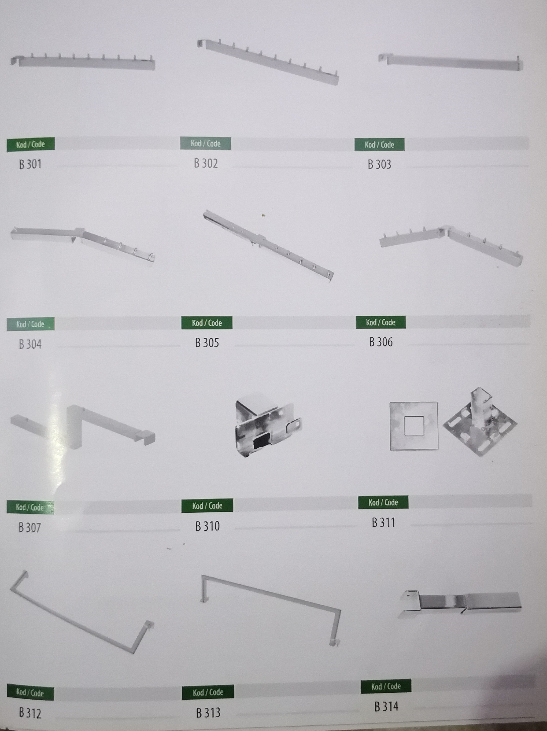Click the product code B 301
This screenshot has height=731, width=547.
[x=30, y=164]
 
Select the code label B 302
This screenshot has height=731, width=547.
[x=206, y=163]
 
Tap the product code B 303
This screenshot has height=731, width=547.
[x=379, y=164]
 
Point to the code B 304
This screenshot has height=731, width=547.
[x=30, y=344]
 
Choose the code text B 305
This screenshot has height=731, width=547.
[x=207, y=343]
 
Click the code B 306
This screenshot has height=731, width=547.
[x=381, y=342]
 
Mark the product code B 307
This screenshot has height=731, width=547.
[x=29, y=527]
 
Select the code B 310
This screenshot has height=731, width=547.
[x=207, y=526]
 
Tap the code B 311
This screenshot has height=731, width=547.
[x=383, y=522]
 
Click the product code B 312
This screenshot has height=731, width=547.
[x=30, y=713]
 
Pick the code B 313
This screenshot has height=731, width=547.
[x=208, y=713]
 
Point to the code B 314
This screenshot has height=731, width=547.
[x=386, y=707]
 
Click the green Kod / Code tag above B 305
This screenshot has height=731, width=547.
[x=207, y=323]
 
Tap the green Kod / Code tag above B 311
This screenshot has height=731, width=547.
[x=383, y=502]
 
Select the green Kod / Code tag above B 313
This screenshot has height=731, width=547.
[x=208, y=692]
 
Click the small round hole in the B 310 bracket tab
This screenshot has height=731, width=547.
[x=297, y=423]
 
